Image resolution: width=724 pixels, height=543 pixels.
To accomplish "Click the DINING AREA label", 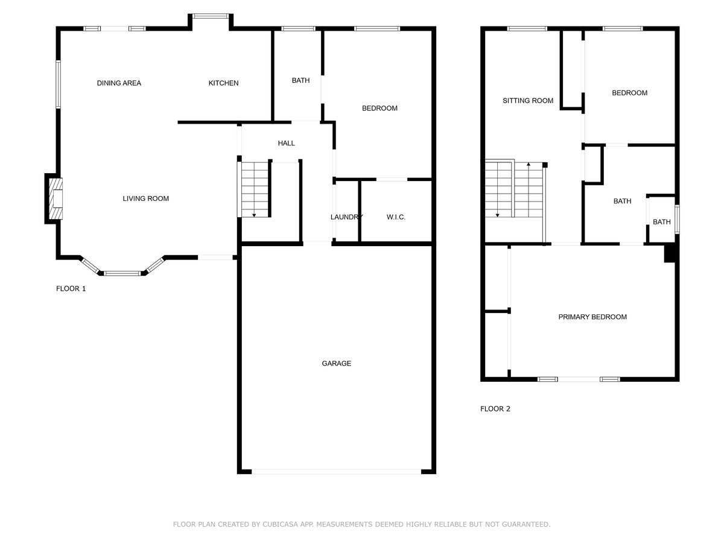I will (119, 83).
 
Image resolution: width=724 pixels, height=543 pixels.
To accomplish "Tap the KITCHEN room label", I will (223, 83).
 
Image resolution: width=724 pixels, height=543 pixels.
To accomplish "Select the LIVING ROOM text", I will (145, 198).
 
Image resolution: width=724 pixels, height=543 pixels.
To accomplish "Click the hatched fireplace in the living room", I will (55, 198).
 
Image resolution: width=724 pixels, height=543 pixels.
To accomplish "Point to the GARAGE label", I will (336, 363).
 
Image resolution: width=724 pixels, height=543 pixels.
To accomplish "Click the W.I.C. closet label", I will (396, 217).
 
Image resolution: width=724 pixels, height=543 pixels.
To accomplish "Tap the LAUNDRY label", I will (346, 217).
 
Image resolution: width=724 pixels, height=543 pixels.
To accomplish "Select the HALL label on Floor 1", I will (287, 143).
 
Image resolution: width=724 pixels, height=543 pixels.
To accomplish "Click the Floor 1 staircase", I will (255, 189).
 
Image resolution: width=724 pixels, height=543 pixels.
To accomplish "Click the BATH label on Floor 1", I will (300, 80).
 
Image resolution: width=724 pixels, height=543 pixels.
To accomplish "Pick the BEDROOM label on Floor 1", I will (379, 109).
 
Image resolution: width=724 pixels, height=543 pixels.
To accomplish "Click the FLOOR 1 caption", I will (71, 288).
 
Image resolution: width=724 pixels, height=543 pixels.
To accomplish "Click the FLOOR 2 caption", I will (495, 408).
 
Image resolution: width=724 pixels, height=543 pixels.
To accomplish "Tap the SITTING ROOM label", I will (528, 101).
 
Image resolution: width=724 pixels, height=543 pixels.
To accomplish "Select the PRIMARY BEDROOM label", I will (592, 317).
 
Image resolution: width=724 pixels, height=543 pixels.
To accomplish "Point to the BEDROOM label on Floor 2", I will (629, 93).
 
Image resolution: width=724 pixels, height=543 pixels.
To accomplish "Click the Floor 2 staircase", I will (514, 190).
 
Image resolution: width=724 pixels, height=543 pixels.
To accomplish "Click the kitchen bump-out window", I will (210, 16).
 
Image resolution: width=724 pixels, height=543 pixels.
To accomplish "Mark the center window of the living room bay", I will (122, 273).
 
